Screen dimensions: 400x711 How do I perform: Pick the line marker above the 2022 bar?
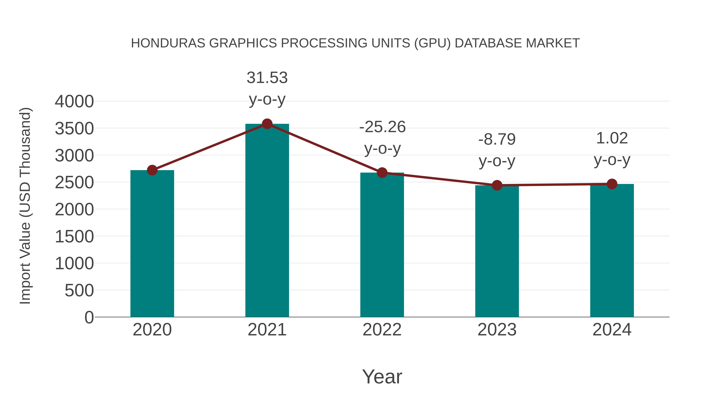(382, 172)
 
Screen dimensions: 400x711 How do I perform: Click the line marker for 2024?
(612, 184)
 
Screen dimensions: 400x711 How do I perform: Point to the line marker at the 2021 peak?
(267, 124)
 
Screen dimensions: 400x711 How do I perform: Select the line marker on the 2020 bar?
(152, 170)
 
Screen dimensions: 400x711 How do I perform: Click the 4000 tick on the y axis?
(74, 101)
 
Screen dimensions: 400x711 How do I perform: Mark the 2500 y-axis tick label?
(74, 183)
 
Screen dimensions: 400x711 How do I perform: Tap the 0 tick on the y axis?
(89, 317)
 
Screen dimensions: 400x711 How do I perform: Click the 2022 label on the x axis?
(382, 330)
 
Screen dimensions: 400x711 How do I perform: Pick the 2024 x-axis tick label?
(612, 330)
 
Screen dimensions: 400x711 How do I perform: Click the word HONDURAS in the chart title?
(168, 43)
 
